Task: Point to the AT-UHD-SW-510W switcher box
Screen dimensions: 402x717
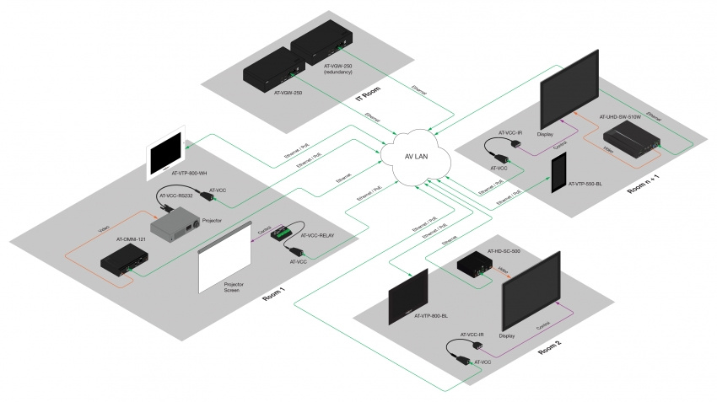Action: [638, 137]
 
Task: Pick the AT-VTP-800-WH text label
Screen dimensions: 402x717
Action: [190, 174]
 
